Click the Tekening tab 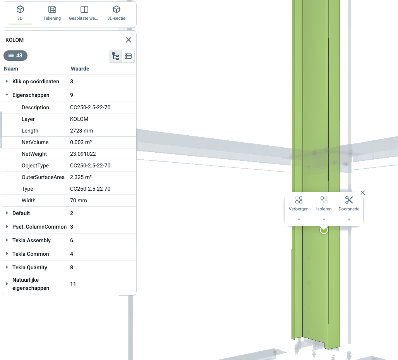click(x=52, y=13)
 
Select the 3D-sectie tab click(x=116, y=13)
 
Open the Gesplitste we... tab click(x=84, y=13)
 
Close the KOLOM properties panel click(x=129, y=40)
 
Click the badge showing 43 click(x=15, y=55)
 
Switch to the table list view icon click(x=128, y=56)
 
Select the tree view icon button click(x=115, y=56)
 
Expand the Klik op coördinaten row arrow click(x=7, y=81)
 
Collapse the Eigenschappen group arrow click(x=7, y=95)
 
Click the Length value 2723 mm click(x=81, y=131)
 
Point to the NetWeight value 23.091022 click(x=83, y=154)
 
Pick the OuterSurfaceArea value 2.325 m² click(x=81, y=177)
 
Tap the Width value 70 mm click(x=79, y=200)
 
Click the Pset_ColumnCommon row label click(x=39, y=227)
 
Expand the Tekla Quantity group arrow click(x=7, y=267)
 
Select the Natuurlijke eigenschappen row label click(x=31, y=284)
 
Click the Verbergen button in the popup click(x=299, y=203)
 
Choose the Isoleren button click(x=324, y=203)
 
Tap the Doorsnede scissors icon click(x=349, y=200)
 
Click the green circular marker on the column click(x=324, y=230)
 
